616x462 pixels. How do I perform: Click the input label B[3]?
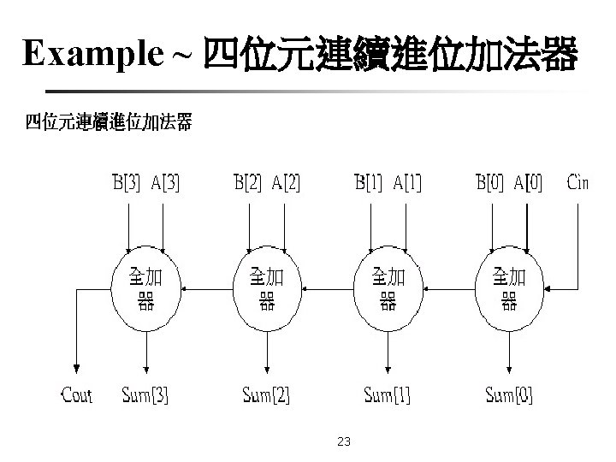tap(126, 182)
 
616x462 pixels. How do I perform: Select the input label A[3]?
tap(165, 182)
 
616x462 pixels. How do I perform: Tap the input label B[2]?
tap(247, 182)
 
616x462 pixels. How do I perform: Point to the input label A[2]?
tap(286, 182)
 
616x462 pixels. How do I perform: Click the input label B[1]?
tap(369, 182)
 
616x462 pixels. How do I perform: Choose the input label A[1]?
tap(407, 182)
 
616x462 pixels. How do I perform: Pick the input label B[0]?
tap(489, 182)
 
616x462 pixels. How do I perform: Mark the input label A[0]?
tap(529, 182)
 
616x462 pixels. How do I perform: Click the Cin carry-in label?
tap(577, 182)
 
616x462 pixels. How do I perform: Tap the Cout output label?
tap(77, 394)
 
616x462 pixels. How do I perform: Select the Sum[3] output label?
tap(145, 395)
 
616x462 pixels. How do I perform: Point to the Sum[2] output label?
tap(266, 395)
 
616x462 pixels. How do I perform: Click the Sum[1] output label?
tap(388, 395)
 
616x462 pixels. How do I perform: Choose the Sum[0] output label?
tap(509, 395)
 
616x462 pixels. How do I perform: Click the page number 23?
tap(344, 441)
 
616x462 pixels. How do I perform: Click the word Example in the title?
tap(92, 53)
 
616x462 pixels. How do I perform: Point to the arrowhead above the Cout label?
tap(77, 369)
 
